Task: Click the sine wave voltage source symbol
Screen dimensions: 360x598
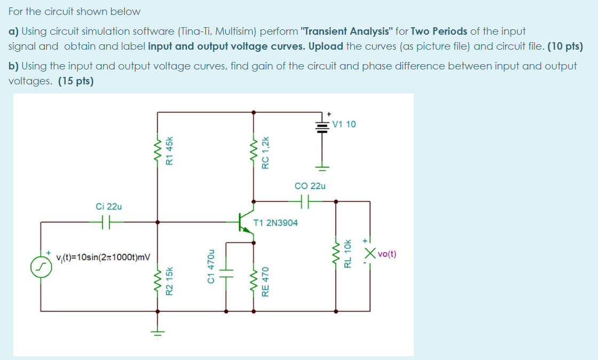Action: click(41, 265)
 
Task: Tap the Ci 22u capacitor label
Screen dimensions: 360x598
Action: click(109, 206)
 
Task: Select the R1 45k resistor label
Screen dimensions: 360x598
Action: click(170, 150)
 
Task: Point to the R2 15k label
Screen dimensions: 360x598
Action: click(170, 281)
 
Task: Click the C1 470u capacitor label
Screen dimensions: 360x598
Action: click(211, 267)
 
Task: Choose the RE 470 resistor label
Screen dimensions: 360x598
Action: click(265, 281)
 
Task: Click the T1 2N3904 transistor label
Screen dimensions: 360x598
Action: click(276, 222)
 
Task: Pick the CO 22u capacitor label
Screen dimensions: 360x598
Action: click(310, 186)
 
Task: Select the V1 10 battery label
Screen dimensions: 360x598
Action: click(344, 124)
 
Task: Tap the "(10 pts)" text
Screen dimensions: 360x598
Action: click(565, 46)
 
